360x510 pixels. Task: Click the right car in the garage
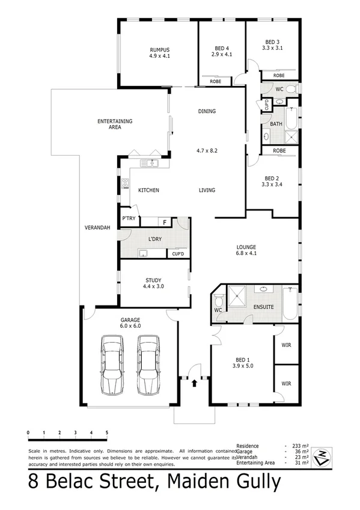coord(147,366)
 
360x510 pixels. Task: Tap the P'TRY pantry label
coord(128,218)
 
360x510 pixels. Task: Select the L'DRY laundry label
coord(155,239)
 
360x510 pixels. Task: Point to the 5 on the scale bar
coord(106,432)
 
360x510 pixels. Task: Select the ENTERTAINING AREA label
coord(115,124)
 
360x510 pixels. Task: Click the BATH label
coord(276,124)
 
